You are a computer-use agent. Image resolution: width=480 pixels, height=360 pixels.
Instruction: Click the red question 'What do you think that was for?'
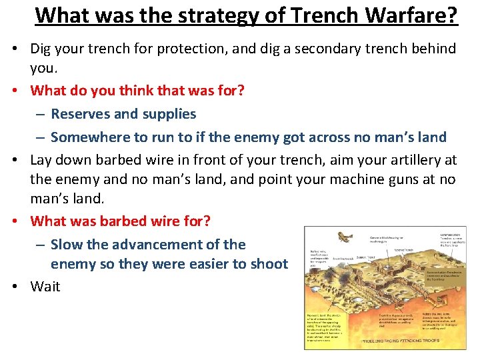pos(137,89)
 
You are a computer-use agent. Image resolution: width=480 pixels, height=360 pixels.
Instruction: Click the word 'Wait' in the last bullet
pos(45,287)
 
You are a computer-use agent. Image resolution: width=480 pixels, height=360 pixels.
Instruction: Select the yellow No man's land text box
pos(327,327)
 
